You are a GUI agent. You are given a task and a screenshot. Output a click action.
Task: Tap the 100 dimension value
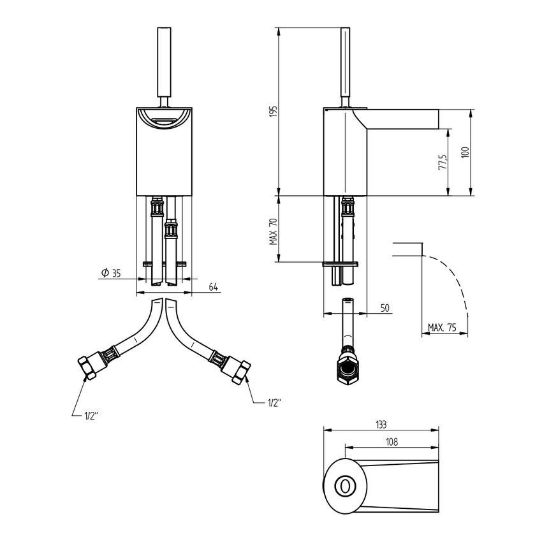click(x=464, y=153)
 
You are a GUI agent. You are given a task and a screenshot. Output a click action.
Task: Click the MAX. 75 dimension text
click(x=443, y=327)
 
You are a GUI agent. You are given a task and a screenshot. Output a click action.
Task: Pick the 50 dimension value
click(x=385, y=308)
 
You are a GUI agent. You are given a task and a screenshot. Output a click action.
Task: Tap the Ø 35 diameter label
click(x=111, y=273)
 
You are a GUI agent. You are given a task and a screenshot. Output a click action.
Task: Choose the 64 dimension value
click(x=213, y=287)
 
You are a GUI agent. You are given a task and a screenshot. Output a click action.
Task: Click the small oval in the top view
click(x=346, y=486)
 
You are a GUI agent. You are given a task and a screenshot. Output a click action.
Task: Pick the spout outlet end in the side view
click(x=439, y=119)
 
